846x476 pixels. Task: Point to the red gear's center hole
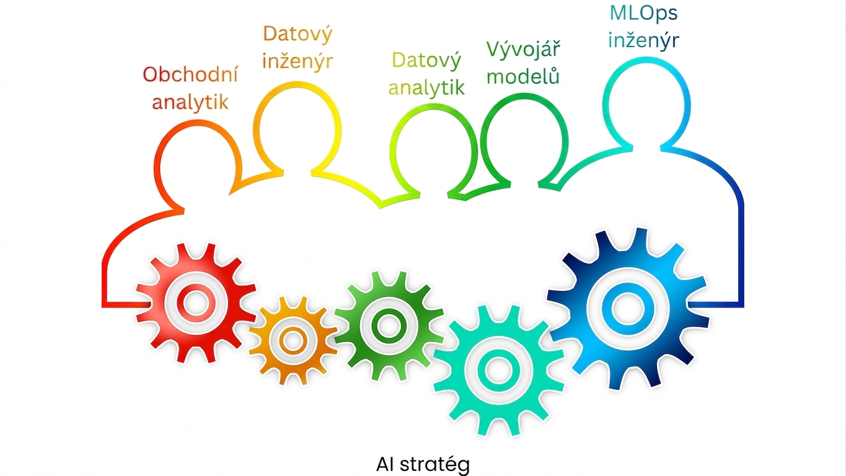[196, 303]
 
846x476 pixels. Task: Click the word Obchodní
[190, 74]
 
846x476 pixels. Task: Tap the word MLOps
[643, 13]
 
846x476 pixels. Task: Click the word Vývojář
[523, 49]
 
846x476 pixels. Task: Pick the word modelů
[523, 76]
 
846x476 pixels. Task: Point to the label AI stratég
[423, 465]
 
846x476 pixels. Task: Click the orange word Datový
[297, 34]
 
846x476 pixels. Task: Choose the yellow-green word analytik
[426, 87]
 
